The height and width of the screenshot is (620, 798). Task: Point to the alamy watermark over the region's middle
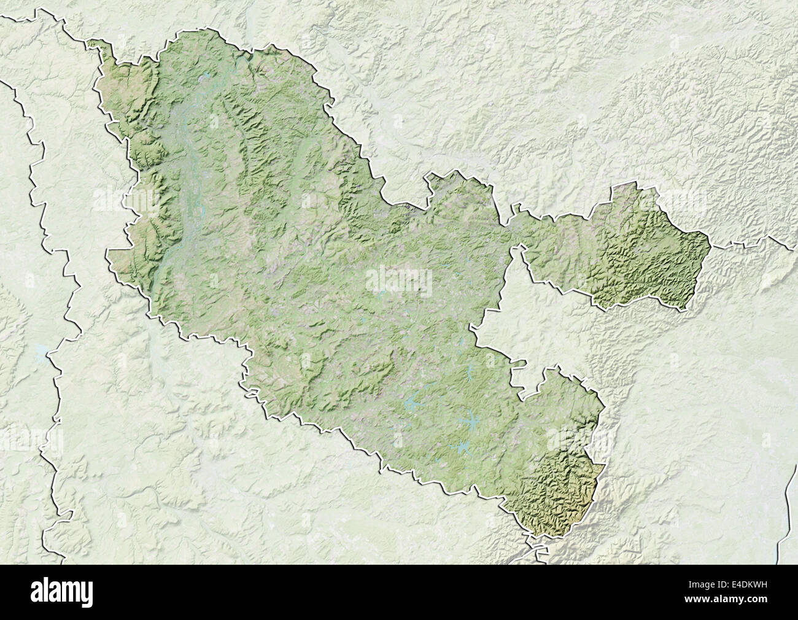[398, 281]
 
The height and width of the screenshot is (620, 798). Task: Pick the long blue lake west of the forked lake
[411, 406]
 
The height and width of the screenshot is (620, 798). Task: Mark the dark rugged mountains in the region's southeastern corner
[559, 491]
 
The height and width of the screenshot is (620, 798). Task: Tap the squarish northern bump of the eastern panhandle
[632, 196]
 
